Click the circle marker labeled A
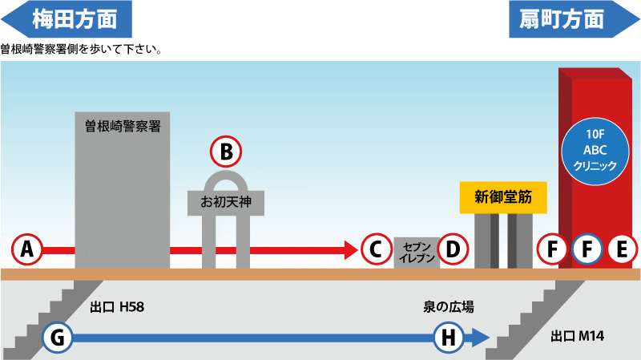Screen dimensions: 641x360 point(27,249)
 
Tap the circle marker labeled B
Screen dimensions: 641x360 point(226,152)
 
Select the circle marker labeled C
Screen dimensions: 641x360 point(377,249)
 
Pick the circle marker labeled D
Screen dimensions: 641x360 point(453,249)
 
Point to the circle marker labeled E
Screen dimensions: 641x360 point(623,249)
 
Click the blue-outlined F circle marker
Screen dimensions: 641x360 point(587,249)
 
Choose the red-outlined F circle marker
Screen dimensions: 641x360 point(552,249)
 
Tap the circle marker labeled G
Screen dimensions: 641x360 point(58,338)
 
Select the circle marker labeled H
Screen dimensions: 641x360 point(449,338)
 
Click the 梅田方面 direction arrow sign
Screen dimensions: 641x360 point(67,19)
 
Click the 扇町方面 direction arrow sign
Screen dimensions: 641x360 point(574,19)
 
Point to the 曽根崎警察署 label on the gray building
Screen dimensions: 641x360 point(123,126)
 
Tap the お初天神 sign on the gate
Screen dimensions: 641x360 point(226,202)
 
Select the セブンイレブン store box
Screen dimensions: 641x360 point(417,253)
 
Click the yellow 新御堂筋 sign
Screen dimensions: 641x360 point(503,197)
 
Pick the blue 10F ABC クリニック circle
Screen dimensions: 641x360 point(595,152)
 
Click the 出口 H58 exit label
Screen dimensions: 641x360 point(117,307)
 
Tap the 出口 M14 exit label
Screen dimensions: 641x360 point(578,336)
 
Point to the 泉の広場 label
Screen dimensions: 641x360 point(449,307)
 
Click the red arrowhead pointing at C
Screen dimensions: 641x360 point(352,250)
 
